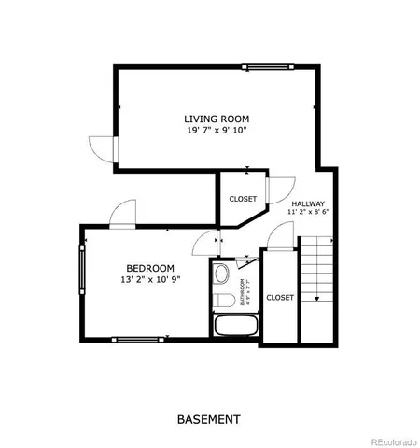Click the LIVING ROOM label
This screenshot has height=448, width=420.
pyautogui.click(x=217, y=119)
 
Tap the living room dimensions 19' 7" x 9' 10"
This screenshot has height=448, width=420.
pyautogui.click(x=217, y=131)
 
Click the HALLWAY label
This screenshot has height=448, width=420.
pyautogui.click(x=308, y=203)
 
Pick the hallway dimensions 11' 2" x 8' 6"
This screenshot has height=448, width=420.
pyautogui.click(x=308, y=213)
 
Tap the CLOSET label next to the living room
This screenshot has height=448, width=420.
pyautogui.click(x=243, y=199)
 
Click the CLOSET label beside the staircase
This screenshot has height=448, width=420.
pyautogui.click(x=279, y=298)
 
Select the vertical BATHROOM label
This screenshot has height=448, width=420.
pyautogui.click(x=241, y=292)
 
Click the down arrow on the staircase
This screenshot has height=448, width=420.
pyautogui.click(x=317, y=299)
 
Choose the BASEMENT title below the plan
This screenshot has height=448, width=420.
pyautogui.click(x=209, y=419)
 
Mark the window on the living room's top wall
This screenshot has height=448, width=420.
pyautogui.click(x=265, y=66)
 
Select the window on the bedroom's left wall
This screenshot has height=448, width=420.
pyautogui.click(x=83, y=284)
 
